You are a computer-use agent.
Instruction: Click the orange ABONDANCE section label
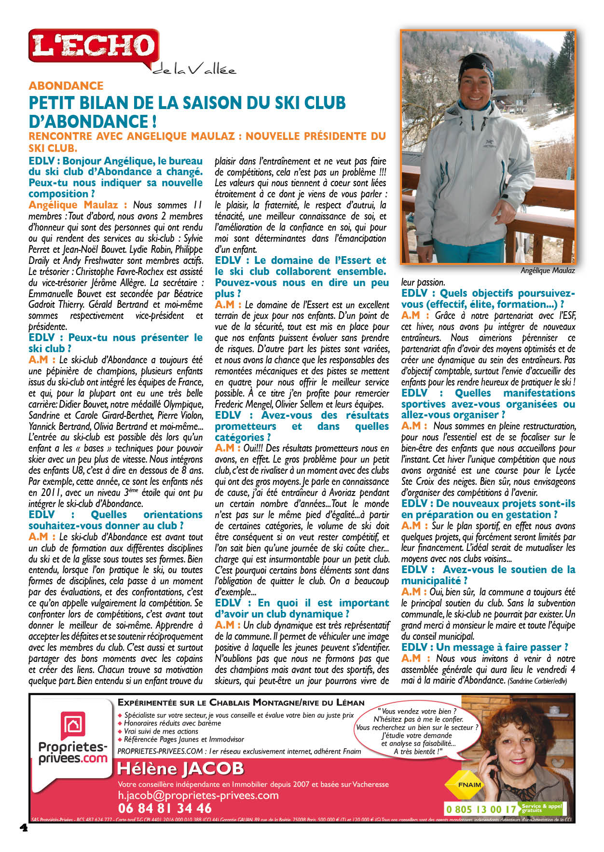point(66,86)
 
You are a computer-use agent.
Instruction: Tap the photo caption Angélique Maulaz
point(548,271)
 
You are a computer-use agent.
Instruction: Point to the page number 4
point(23,827)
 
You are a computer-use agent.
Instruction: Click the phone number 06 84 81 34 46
point(165,808)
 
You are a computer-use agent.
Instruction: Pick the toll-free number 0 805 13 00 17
point(481,809)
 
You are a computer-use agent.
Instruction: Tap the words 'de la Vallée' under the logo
point(194,70)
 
